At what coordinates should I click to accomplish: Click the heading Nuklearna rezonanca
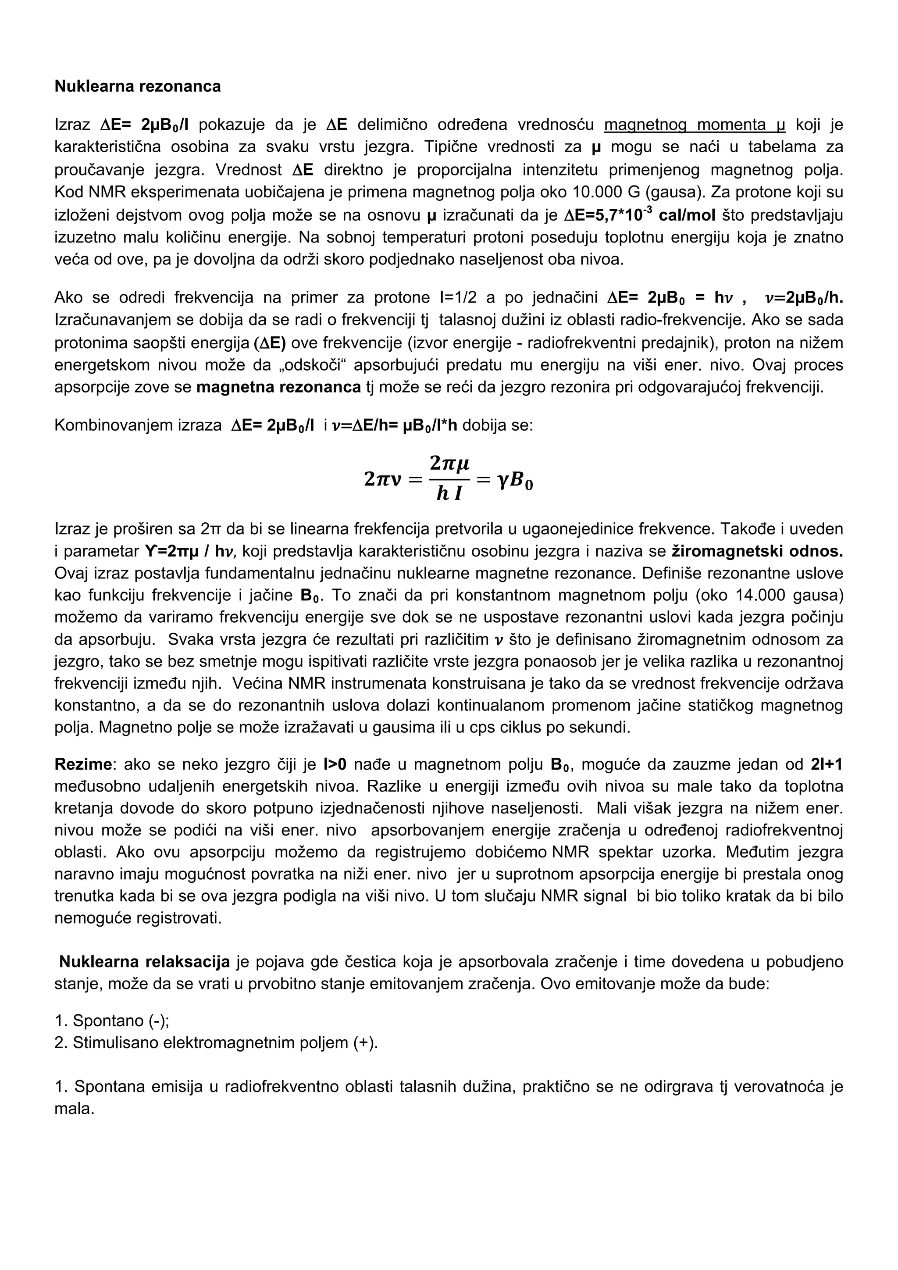137,86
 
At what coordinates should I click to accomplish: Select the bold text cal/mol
688,215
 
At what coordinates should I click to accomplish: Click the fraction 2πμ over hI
449,478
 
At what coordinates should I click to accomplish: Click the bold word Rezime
82,765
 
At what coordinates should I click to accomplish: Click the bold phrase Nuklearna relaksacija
144,962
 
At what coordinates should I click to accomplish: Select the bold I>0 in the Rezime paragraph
335,765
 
